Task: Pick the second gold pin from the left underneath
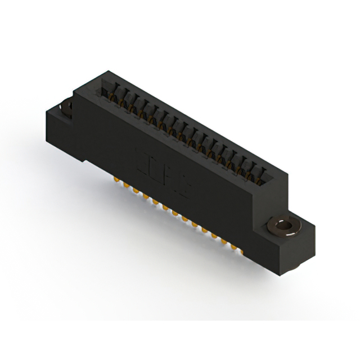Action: (x=127, y=185)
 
